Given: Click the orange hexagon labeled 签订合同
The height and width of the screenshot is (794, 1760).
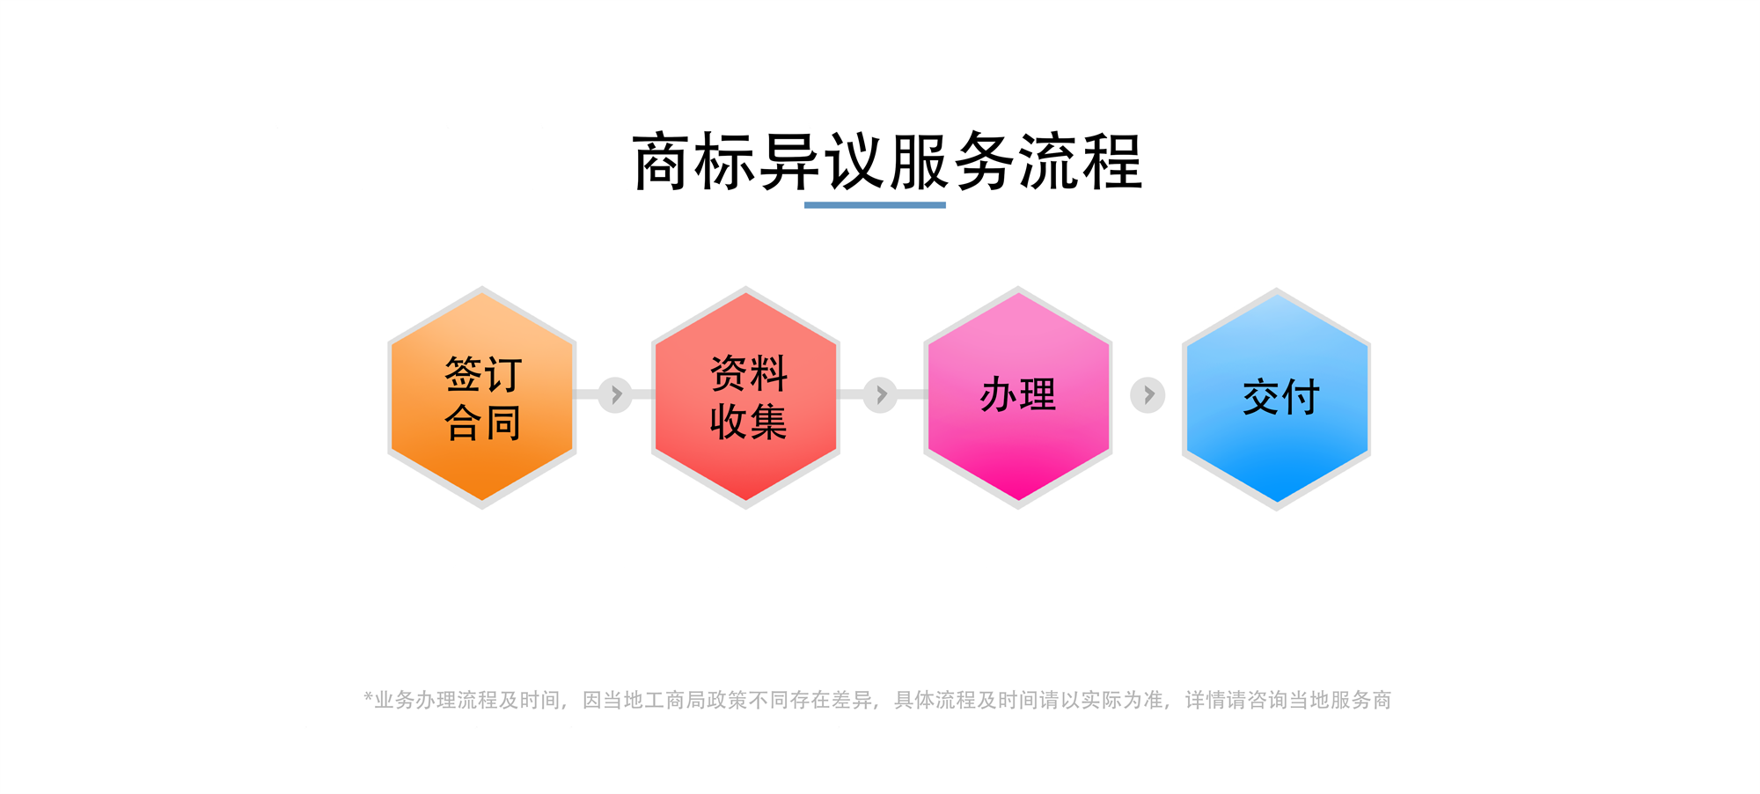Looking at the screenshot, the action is [x=482, y=397].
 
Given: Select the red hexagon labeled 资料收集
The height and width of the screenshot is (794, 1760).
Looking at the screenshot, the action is [x=745, y=397].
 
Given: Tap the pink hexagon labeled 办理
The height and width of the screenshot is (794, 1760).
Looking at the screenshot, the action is [x=1018, y=397].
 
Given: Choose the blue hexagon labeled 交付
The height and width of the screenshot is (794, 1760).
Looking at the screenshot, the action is [x=1277, y=399].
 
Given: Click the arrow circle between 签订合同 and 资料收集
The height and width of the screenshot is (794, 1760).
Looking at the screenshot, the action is [x=615, y=395].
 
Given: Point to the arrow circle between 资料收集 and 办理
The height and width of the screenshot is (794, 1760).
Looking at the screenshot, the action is [x=880, y=395].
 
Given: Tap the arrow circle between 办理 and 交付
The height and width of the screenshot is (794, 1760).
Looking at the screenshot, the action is [x=1148, y=395].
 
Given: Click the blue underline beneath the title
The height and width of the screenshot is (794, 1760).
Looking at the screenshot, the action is [x=875, y=205].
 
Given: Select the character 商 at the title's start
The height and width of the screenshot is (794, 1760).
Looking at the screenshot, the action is [x=662, y=162].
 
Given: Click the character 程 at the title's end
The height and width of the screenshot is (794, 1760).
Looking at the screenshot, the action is [x=1112, y=162].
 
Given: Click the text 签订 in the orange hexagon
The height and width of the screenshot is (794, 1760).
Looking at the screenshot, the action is [x=483, y=374].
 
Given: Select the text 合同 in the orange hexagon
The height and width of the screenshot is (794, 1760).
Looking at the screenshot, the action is [x=483, y=423].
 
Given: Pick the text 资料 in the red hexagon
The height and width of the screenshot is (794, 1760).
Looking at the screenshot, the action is [x=749, y=373].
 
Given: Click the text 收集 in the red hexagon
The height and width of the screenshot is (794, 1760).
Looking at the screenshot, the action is [x=749, y=422].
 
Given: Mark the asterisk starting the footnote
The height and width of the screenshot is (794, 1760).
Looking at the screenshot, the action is [x=368, y=697].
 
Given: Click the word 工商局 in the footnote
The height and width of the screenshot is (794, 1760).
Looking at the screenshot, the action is [x=675, y=700].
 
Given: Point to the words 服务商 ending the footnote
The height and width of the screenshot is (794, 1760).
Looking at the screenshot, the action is [x=1360, y=700].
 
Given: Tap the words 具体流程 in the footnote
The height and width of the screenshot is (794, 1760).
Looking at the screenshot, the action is [x=935, y=700].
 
